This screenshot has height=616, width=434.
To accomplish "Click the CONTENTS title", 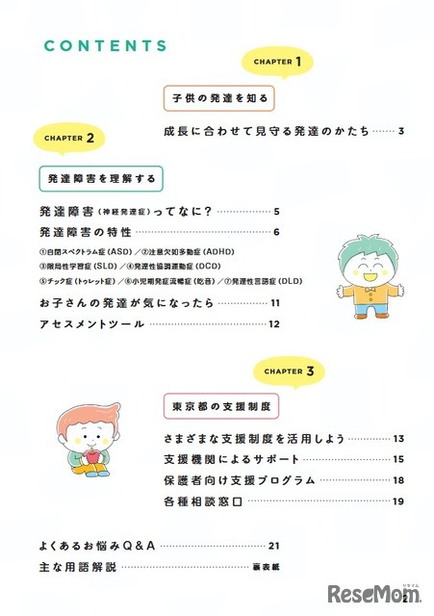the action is click(x=106, y=45).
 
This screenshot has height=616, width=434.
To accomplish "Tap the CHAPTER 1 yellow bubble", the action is click(x=278, y=63).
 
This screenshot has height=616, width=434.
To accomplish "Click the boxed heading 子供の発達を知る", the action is click(x=219, y=98).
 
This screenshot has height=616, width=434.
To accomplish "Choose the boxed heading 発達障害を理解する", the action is click(x=101, y=178).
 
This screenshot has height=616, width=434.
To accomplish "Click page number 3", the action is click(x=399, y=131).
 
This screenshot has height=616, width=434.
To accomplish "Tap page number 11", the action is click(x=274, y=304).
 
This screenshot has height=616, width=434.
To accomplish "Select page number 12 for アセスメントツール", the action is click(x=274, y=324).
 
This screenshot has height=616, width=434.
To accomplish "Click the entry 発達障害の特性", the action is click(x=86, y=233).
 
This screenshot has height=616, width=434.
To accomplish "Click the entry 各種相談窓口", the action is click(x=199, y=500).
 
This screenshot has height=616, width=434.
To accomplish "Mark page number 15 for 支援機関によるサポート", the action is click(x=396, y=459).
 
